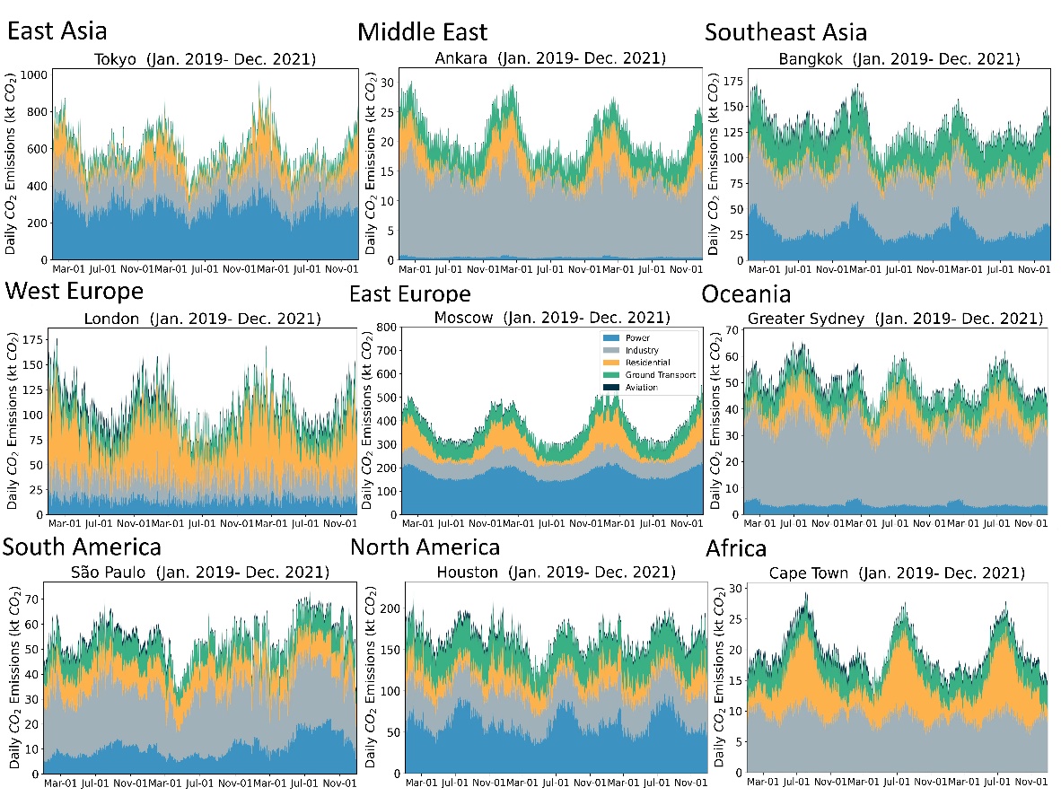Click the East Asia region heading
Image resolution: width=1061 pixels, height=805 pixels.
[x=57, y=31]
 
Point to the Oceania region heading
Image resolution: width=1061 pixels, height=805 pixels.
[x=746, y=294]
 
